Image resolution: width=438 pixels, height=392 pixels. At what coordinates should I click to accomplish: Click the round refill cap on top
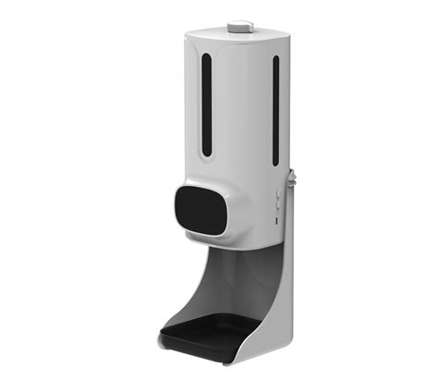pos(241,26)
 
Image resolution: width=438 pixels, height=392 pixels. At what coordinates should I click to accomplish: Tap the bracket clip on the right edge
pos(292,176)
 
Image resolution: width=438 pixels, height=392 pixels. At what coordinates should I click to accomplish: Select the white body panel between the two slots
pos(240,111)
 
